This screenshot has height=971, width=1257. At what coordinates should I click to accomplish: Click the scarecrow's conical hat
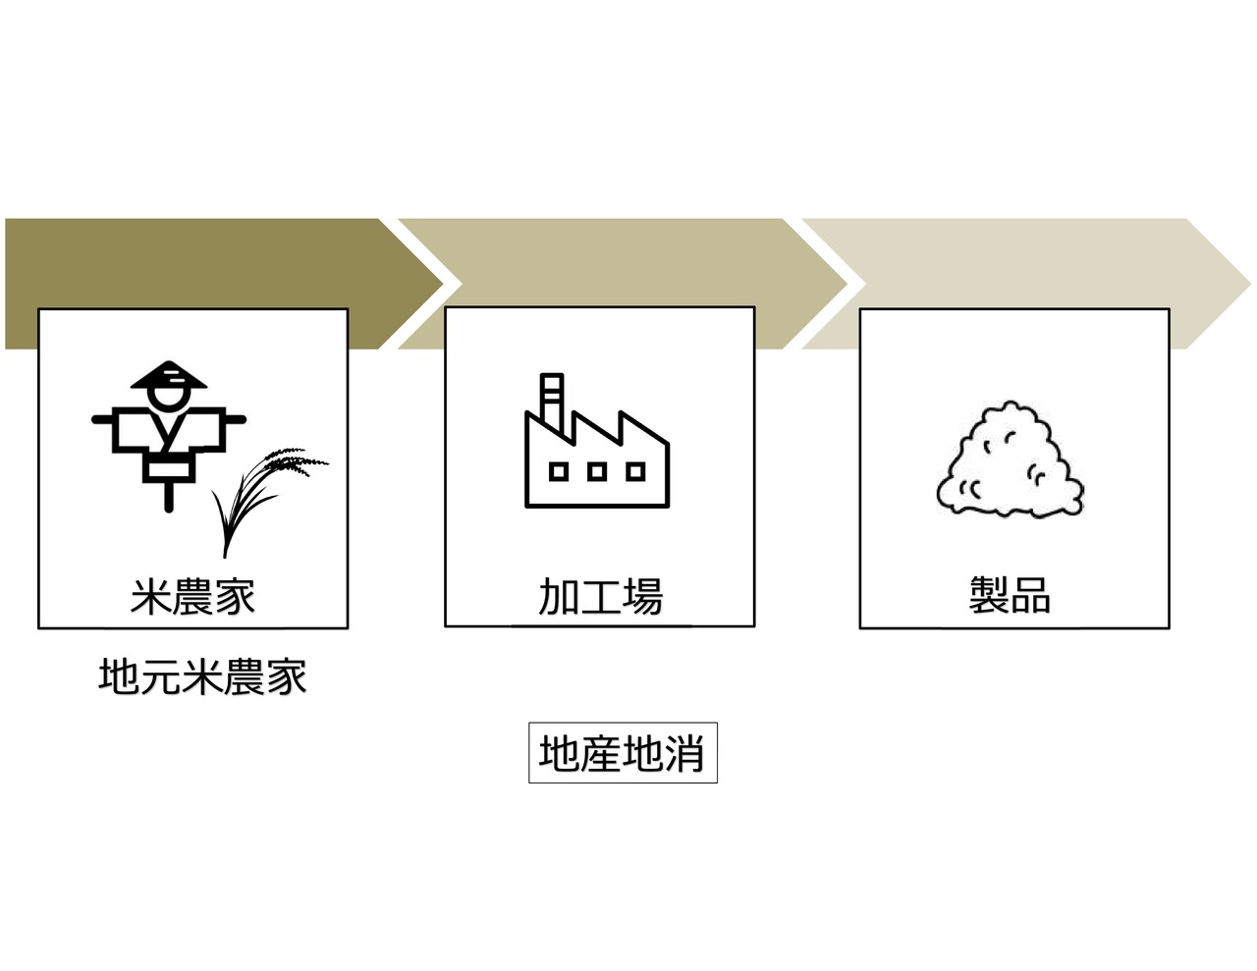pos(168,375)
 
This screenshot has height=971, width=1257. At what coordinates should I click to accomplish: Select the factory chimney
pos(552,403)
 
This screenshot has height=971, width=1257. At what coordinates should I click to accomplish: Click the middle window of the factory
pos(597,472)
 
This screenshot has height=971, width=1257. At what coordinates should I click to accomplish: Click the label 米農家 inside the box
pos(192,596)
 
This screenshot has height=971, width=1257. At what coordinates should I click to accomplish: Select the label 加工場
pos(600,596)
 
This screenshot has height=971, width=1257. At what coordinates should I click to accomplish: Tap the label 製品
pos(1010,595)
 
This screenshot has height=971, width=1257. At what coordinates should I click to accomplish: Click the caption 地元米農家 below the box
pos(202,676)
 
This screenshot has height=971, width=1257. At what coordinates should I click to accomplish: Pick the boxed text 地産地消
pos(623,754)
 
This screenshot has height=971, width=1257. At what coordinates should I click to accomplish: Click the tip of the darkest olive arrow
pos(443,284)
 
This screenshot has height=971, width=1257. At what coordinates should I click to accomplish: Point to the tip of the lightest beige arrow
pos(1251,284)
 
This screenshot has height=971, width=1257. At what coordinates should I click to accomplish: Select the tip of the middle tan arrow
pos(847,284)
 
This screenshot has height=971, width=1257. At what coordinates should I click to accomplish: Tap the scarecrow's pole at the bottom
pos(169,498)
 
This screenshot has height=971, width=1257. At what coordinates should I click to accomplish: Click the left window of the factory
pos(558,472)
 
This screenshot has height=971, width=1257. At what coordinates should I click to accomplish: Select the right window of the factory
pos(635,472)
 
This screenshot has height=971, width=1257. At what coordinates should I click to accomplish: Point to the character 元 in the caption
pos(160,676)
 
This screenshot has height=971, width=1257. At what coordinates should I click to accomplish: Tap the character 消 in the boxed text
pos(684,754)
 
